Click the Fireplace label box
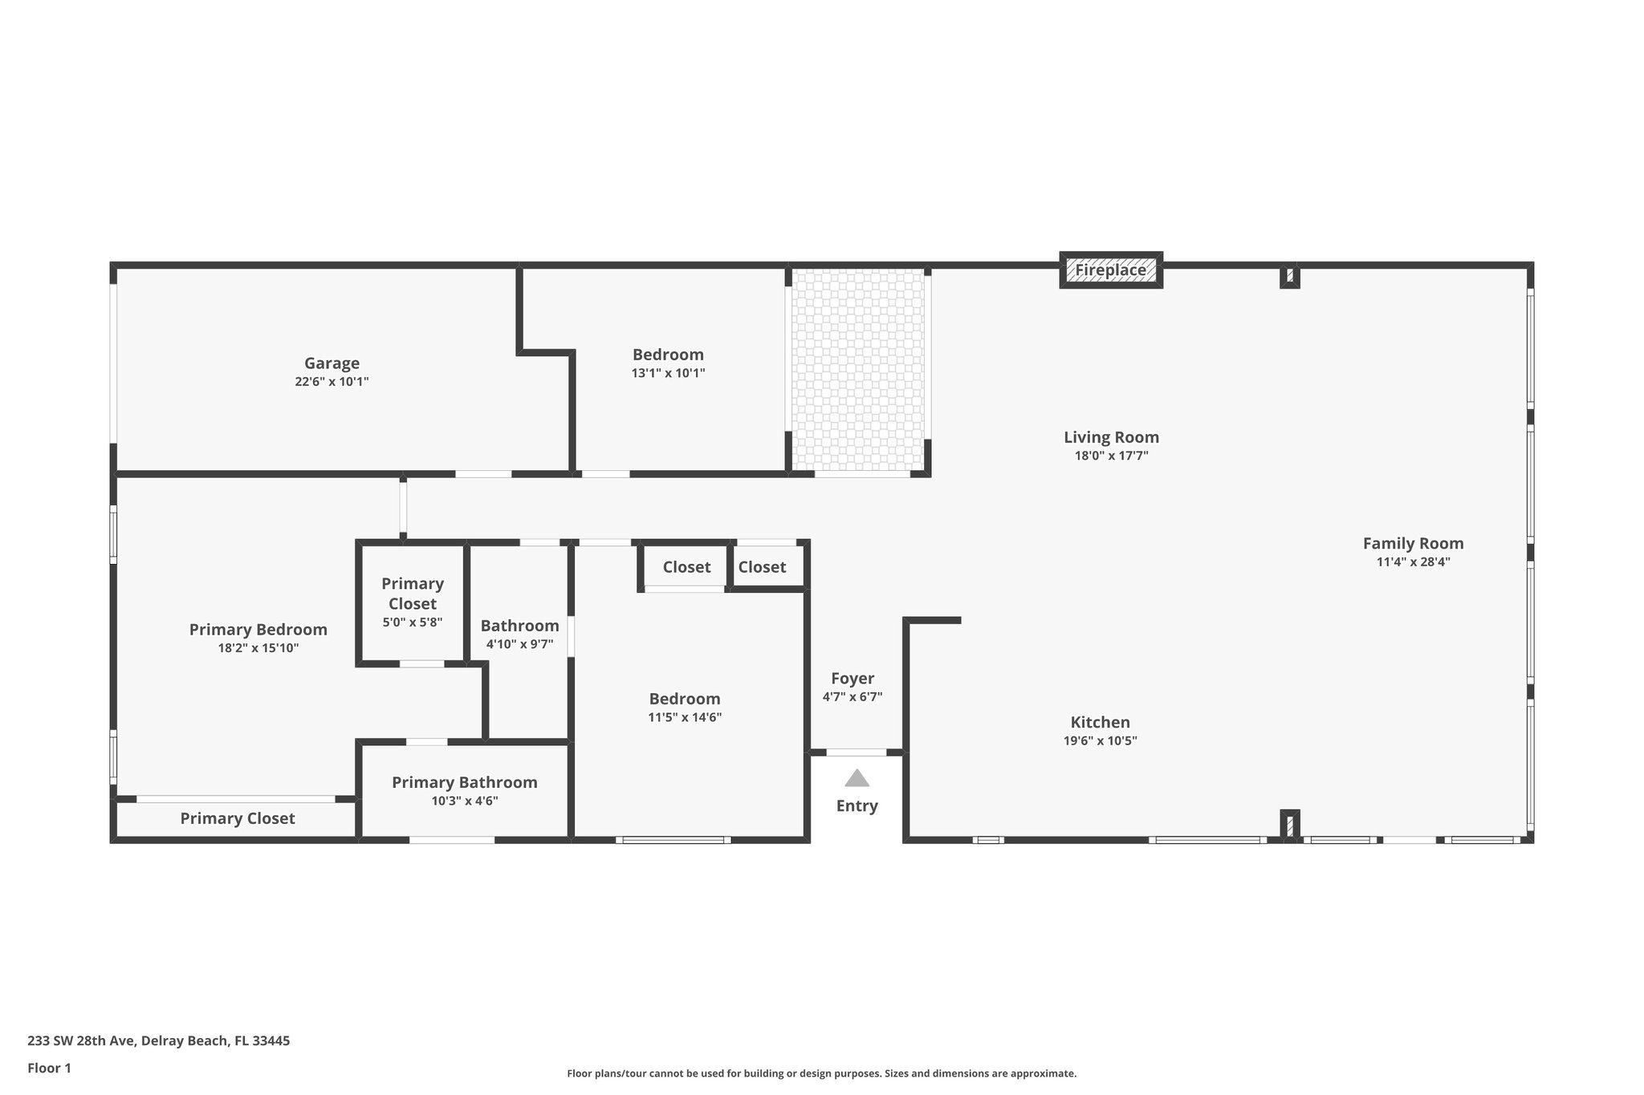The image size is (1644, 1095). click(1110, 270)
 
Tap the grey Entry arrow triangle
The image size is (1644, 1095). click(857, 778)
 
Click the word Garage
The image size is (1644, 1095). click(332, 363)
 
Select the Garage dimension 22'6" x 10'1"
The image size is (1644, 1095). click(332, 382)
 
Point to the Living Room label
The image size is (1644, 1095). click(1111, 437)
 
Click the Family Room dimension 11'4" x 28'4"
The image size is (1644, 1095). click(1413, 562)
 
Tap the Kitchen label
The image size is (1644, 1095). click(1100, 722)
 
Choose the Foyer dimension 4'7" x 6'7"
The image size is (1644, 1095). click(852, 697)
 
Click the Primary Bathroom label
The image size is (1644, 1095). click(464, 782)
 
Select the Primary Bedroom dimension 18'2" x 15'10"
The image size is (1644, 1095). click(258, 648)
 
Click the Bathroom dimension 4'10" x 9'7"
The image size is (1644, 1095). click(519, 644)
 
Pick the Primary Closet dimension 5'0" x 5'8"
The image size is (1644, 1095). click(412, 623)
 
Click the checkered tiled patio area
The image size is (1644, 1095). click(857, 369)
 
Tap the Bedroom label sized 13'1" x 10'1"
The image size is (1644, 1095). click(668, 355)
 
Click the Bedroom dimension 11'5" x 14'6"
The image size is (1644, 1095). click(685, 718)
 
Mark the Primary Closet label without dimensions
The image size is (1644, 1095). click(237, 818)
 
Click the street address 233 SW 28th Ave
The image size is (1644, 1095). click(158, 1041)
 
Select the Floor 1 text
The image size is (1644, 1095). click(49, 1069)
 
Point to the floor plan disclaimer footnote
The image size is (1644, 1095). click(821, 1073)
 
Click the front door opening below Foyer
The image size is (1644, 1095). click(857, 752)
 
